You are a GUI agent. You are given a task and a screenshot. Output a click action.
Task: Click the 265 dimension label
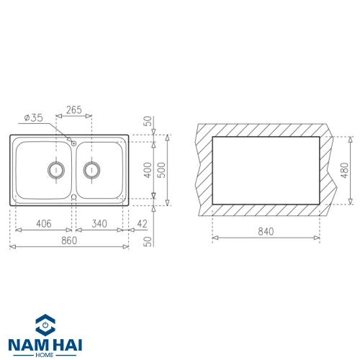pyautogui.click(x=74, y=110)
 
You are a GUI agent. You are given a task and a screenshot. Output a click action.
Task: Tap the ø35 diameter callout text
pyautogui.click(x=34, y=118)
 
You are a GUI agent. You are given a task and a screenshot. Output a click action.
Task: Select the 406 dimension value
pyautogui.click(x=44, y=224)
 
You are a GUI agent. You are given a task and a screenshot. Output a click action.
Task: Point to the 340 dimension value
pyautogui.click(x=99, y=224)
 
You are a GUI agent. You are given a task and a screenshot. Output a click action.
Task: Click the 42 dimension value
pyautogui.click(x=142, y=224)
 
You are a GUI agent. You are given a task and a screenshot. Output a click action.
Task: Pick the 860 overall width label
pyautogui.click(x=69, y=240)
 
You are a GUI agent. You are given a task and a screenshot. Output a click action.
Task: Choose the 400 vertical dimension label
pyautogui.click(x=148, y=170)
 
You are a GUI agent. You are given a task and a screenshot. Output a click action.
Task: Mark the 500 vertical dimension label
pyautogui.click(x=162, y=170)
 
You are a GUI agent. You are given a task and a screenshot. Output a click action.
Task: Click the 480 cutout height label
pyautogui.click(x=344, y=170)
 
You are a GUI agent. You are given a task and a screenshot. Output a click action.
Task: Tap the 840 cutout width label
pyautogui.click(x=266, y=232)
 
